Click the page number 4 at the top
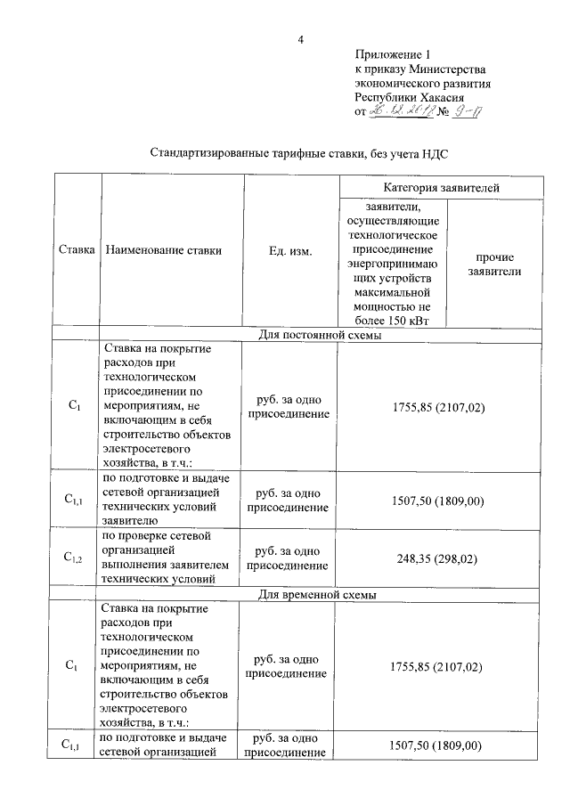(301, 39)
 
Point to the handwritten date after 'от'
(404, 112)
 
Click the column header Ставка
(77, 250)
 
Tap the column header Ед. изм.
(289, 251)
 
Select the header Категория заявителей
(441, 188)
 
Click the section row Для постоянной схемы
(320, 336)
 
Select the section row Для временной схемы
(320, 593)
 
